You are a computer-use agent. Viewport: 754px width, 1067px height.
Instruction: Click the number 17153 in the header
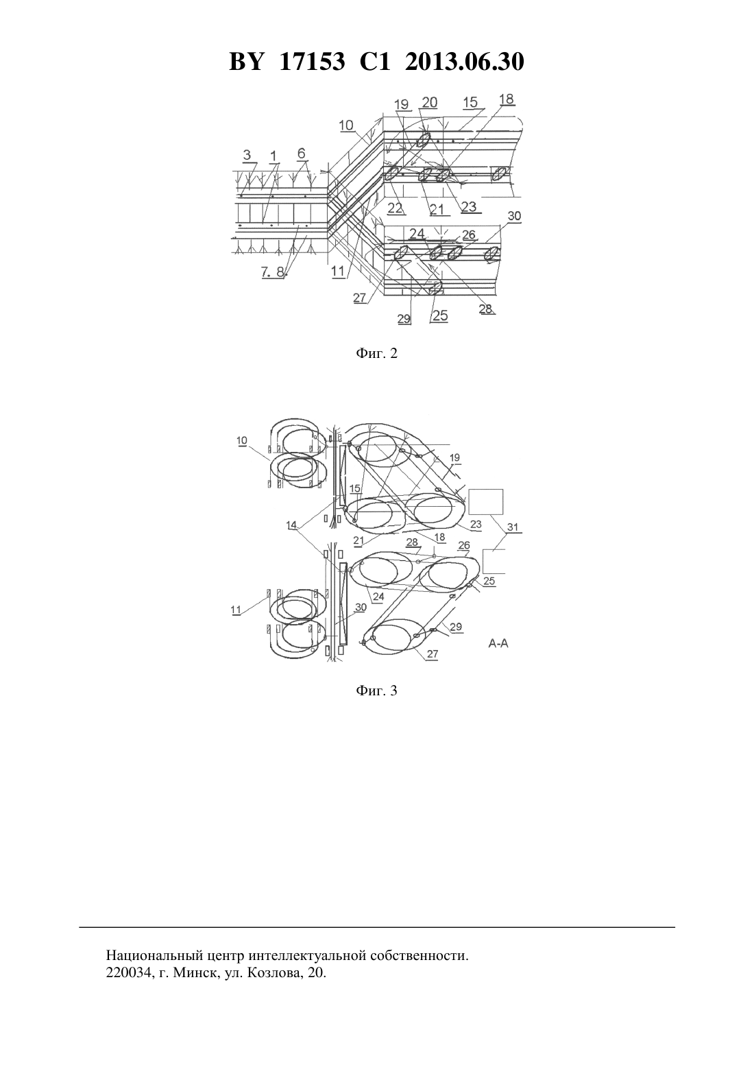click(x=312, y=62)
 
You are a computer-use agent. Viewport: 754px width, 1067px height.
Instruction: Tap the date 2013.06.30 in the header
click(x=465, y=62)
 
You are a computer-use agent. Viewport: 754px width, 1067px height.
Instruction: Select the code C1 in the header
click(x=375, y=62)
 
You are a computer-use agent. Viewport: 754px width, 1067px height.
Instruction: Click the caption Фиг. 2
click(x=376, y=353)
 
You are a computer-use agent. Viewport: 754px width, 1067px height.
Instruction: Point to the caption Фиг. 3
click(x=376, y=691)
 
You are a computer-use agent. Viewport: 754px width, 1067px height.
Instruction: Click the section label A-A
click(x=498, y=643)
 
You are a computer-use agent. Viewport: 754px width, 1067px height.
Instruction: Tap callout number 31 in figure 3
click(x=513, y=527)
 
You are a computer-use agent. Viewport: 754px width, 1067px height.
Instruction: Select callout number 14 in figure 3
click(x=291, y=525)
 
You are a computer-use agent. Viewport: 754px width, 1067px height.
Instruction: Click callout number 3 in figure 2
click(x=247, y=155)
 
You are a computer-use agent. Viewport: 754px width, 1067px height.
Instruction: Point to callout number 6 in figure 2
click(x=302, y=154)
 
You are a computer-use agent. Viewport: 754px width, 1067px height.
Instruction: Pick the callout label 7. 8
click(x=272, y=272)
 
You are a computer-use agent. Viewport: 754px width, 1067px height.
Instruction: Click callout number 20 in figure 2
click(x=429, y=102)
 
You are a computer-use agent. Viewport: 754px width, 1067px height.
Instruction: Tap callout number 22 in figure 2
click(x=395, y=208)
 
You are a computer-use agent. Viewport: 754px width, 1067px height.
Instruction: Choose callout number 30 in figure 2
click(x=514, y=216)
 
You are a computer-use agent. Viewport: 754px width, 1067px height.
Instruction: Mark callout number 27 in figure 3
click(x=433, y=654)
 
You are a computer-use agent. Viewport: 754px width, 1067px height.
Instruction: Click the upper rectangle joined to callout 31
click(x=486, y=501)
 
